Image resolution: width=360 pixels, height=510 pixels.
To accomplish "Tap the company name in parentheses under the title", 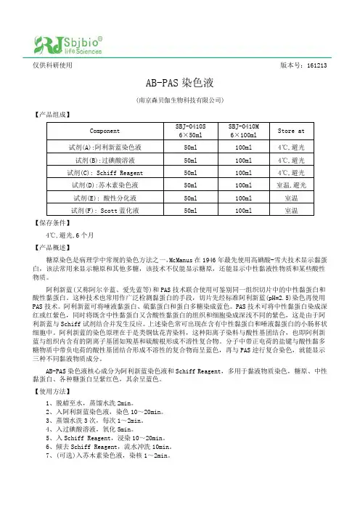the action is [x=179, y=99].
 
